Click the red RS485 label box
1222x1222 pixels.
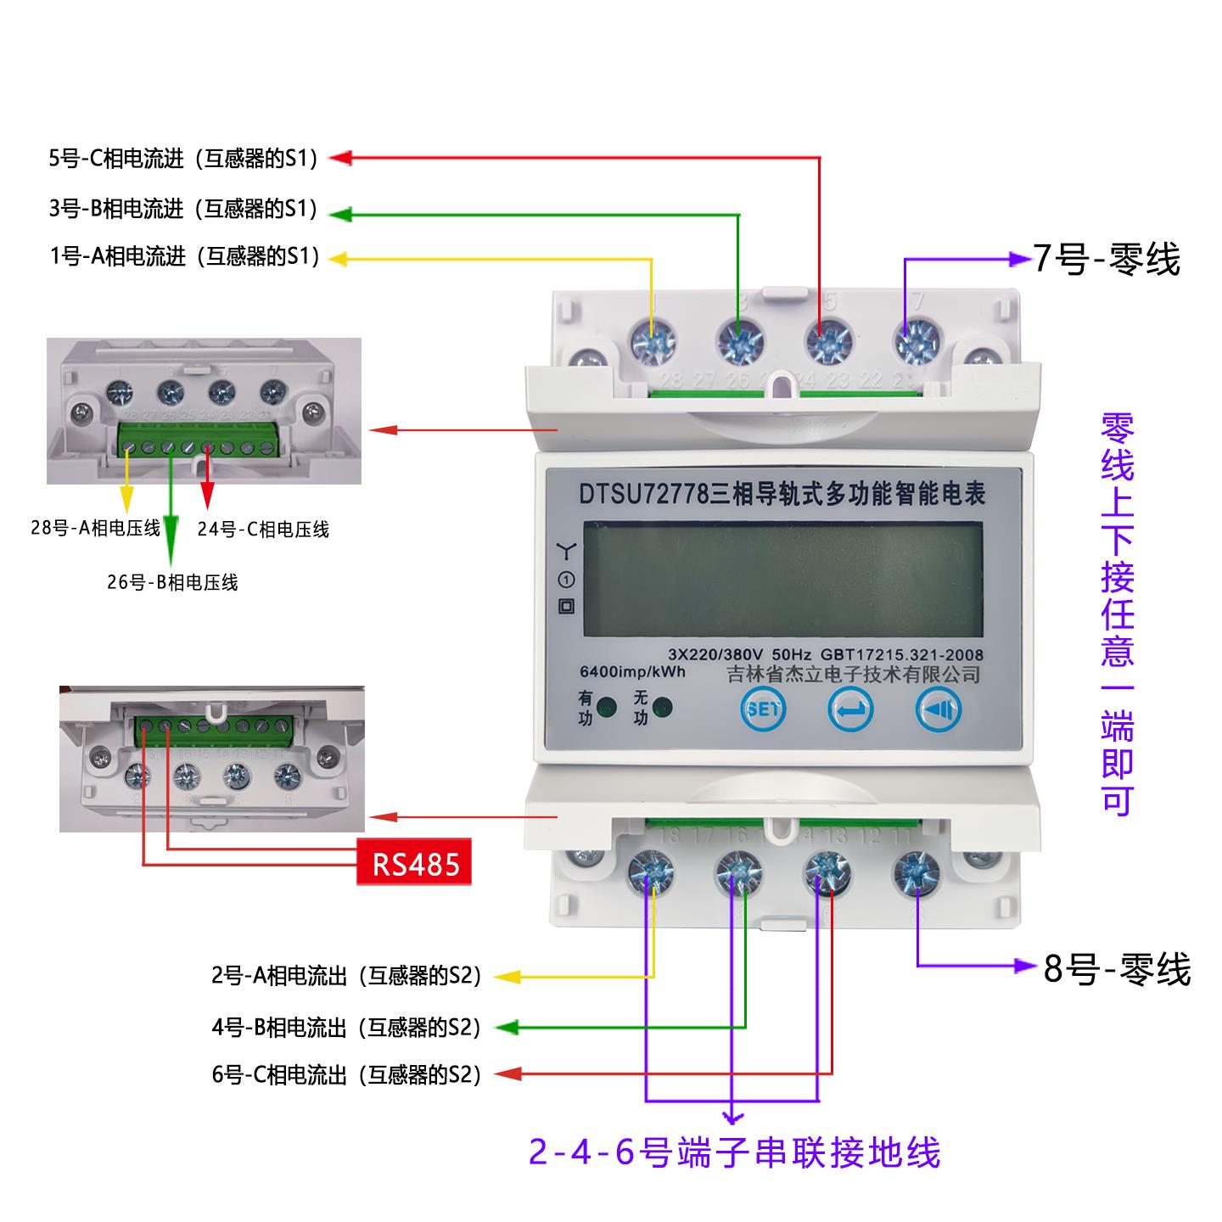414,864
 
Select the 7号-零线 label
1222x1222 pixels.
1106,259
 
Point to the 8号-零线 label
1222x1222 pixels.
1117,968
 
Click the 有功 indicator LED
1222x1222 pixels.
607,709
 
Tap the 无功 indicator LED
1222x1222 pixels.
661,709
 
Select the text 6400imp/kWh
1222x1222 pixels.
631,672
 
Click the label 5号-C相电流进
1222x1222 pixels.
183,159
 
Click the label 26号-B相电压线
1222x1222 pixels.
172,582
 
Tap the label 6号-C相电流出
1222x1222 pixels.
346,1074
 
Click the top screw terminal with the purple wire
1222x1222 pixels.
916,341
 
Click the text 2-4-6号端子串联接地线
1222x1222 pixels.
735,1152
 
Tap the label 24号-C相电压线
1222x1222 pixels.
263,530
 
